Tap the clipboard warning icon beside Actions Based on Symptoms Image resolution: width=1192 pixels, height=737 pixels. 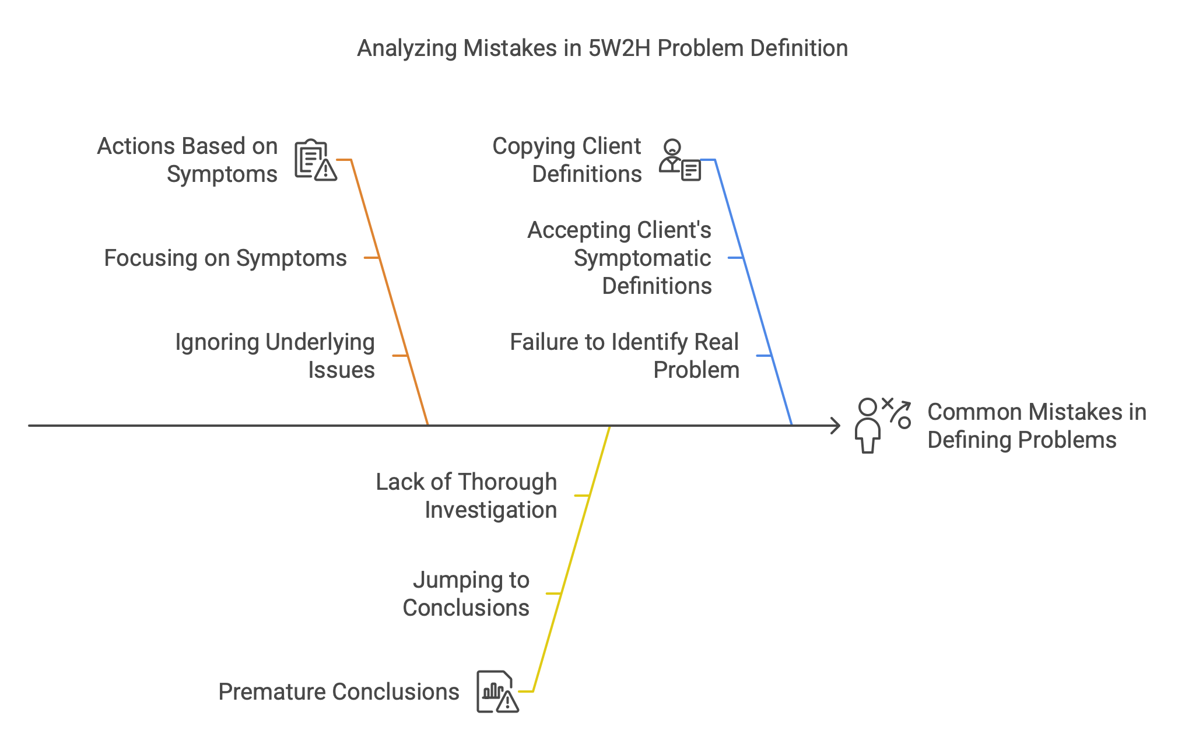[x=315, y=160]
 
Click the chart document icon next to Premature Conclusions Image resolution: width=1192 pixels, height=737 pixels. [x=497, y=692]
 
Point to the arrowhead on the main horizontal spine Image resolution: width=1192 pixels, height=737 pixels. [x=835, y=426]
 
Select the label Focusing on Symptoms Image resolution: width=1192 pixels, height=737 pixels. [x=225, y=258]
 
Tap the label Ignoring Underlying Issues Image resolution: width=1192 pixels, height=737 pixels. [x=275, y=356]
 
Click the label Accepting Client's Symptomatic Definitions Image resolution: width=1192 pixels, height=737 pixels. [x=619, y=258]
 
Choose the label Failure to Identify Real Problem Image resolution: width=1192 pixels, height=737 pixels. [x=625, y=356]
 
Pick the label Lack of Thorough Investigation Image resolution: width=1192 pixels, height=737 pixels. [x=467, y=496]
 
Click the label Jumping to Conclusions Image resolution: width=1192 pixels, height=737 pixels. [x=466, y=594]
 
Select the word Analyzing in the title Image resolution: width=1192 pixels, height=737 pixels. [x=407, y=49]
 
